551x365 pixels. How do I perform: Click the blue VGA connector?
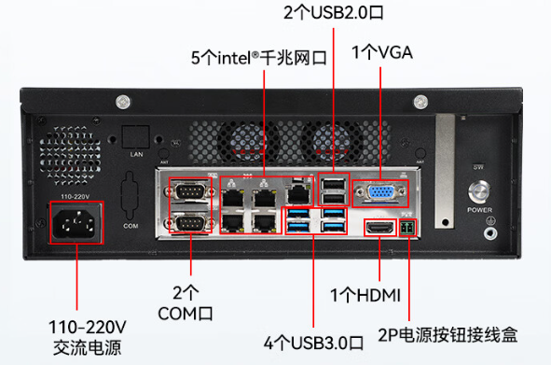(x=382, y=193)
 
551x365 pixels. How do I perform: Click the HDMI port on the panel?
(x=378, y=228)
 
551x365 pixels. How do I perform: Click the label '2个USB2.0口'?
(x=332, y=12)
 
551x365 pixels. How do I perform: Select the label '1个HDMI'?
(x=365, y=296)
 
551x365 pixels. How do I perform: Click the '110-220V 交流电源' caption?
(x=86, y=339)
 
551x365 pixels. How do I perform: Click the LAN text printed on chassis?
(x=136, y=152)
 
